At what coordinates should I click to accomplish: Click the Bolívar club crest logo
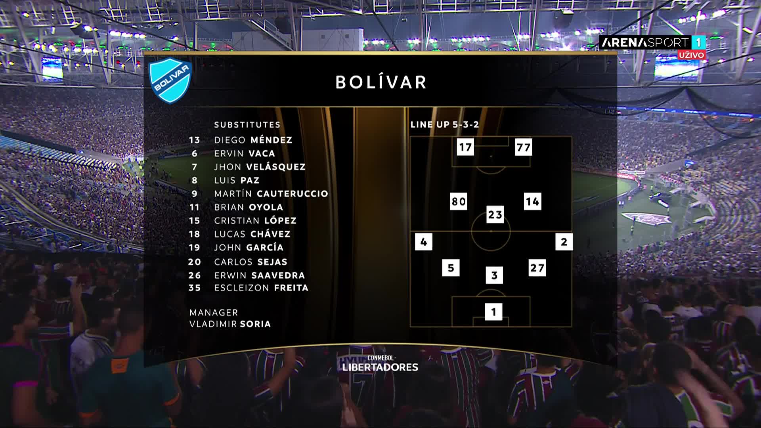click(x=170, y=80)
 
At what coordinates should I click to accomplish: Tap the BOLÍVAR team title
click(x=381, y=82)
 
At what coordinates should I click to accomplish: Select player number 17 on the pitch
click(x=465, y=147)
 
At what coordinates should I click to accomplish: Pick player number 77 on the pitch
click(x=523, y=147)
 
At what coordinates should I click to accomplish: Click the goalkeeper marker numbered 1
click(x=493, y=312)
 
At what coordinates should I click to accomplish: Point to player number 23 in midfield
click(x=495, y=214)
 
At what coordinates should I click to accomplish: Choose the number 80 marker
click(x=459, y=201)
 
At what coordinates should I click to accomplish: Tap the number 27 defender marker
click(x=537, y=268)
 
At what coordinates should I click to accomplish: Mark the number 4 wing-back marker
click(x=423, y=242)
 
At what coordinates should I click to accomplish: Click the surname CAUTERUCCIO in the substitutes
click(x=293, y=194)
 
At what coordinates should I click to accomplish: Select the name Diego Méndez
click(x=253, y=140)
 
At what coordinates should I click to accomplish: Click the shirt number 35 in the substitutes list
click(x=195, y=288)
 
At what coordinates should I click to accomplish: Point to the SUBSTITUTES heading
click(x=247, y=124)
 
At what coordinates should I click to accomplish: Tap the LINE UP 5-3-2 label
click(x=445, y=124)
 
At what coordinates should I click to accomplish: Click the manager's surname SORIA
click(x=255, y=324)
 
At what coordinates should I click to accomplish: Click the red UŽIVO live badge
click(x=691, y=55)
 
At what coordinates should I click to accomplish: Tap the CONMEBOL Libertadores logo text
click(x=380, y=364)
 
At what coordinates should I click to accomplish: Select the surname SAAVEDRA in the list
click(x=278, y=275)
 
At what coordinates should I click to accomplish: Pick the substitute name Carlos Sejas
click(x=251, y=262)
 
